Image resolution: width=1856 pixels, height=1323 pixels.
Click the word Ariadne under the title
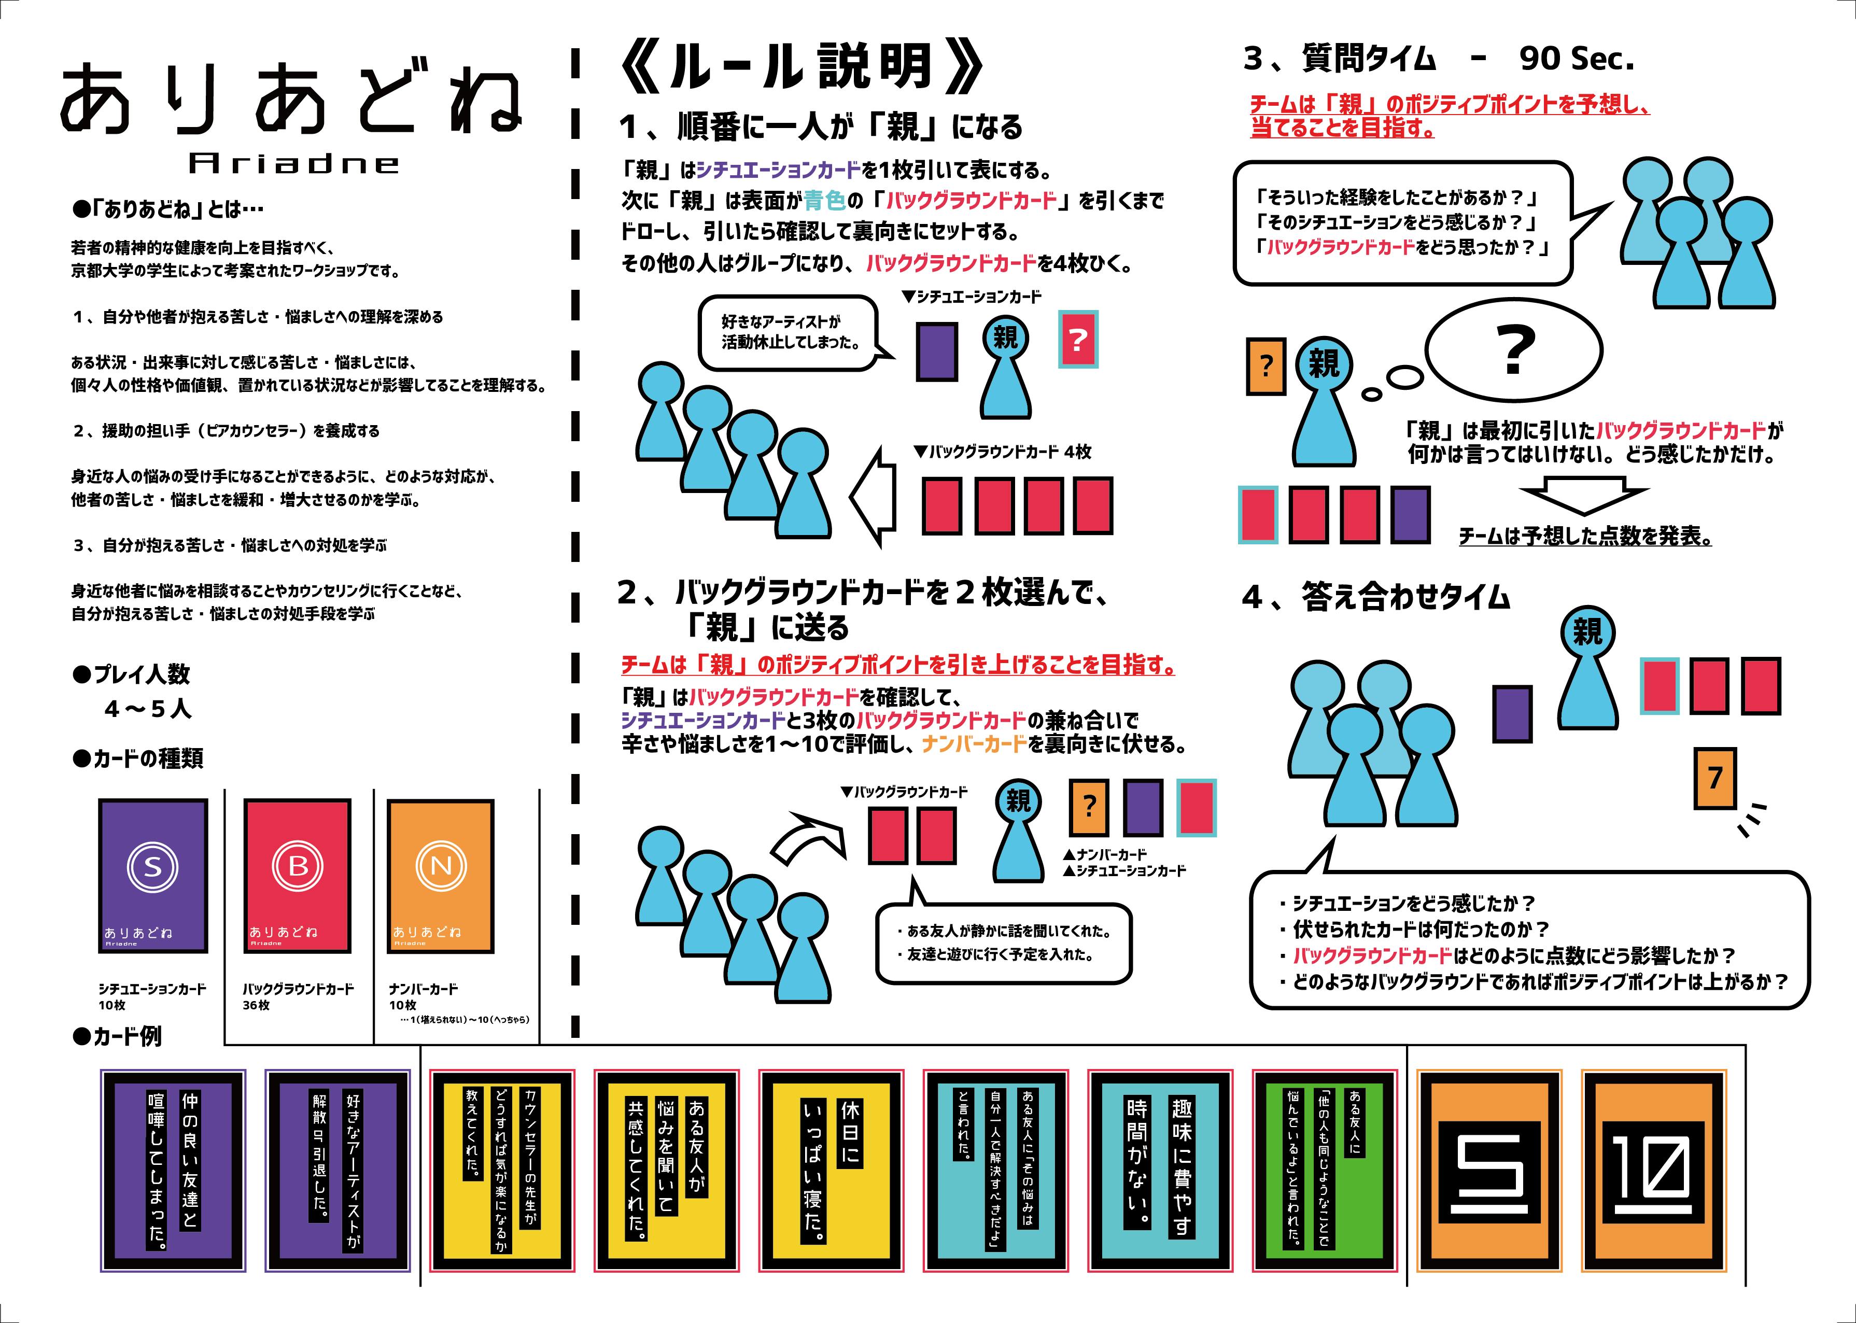[293, 164]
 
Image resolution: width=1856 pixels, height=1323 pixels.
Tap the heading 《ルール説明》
[801, 67]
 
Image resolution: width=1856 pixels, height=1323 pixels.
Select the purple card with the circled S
[152, 875]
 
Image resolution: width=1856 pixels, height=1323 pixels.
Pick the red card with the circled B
[298, 875]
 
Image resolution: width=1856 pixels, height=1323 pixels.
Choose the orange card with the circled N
[440, 875]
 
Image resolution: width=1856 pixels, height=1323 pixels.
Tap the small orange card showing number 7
[1714, 778]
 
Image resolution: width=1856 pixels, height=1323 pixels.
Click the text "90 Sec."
[1577, 59]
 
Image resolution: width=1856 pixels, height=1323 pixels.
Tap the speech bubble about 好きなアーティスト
[789, 332]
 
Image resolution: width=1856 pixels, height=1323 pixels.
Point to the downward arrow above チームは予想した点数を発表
[1583, 499]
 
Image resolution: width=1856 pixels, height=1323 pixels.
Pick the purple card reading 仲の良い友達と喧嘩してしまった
[173, 1170]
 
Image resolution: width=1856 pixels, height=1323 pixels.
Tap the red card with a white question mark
[1077, 339]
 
